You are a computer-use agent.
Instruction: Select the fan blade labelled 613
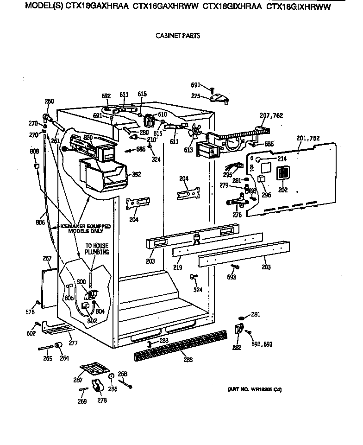click(196, 133)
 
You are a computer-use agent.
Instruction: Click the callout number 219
click(178, 267)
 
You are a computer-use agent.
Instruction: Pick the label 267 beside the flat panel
click(47, 258)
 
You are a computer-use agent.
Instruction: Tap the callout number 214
click(282, 159)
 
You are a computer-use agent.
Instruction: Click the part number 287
click(78, 380)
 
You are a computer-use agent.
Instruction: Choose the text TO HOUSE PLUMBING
click(96, 249)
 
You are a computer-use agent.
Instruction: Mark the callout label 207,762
click(271, 116)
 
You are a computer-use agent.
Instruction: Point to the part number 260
click(49, 102)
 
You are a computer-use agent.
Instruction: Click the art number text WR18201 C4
click(254, 390)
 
